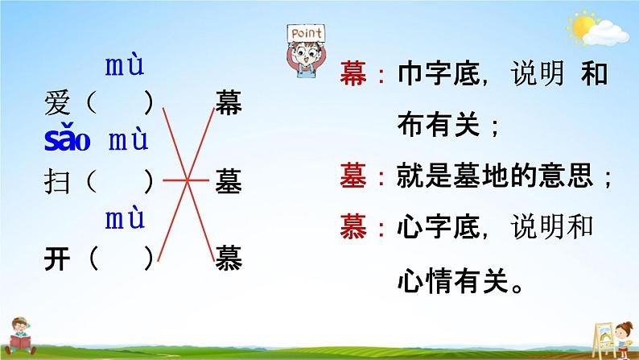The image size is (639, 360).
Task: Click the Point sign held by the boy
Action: point(306,33)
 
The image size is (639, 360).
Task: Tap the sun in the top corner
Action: point(582,27)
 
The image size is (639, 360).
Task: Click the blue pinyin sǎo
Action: point(68,138)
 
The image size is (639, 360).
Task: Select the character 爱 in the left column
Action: point(57,103)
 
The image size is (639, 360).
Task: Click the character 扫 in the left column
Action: point(57,181)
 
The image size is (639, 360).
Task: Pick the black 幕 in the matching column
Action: point(229,103)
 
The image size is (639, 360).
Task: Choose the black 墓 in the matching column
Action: point(229,180)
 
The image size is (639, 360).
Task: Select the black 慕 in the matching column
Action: point(229,258)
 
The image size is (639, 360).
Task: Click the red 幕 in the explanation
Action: point(353,74)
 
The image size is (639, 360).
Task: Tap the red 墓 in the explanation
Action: point(353,176)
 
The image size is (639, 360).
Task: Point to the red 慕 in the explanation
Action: point(353,226)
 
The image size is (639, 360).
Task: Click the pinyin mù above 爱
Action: point(125,66)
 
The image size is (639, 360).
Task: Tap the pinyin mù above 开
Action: point(125,218)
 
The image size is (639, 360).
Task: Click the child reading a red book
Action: point(19,336)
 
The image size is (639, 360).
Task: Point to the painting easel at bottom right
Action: point(603,339)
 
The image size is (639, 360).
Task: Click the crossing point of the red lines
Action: point(188,180)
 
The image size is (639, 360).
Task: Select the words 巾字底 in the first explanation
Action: point(439,74)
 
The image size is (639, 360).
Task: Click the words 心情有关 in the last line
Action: point(453,280)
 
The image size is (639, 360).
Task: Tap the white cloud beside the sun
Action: point(606,34)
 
